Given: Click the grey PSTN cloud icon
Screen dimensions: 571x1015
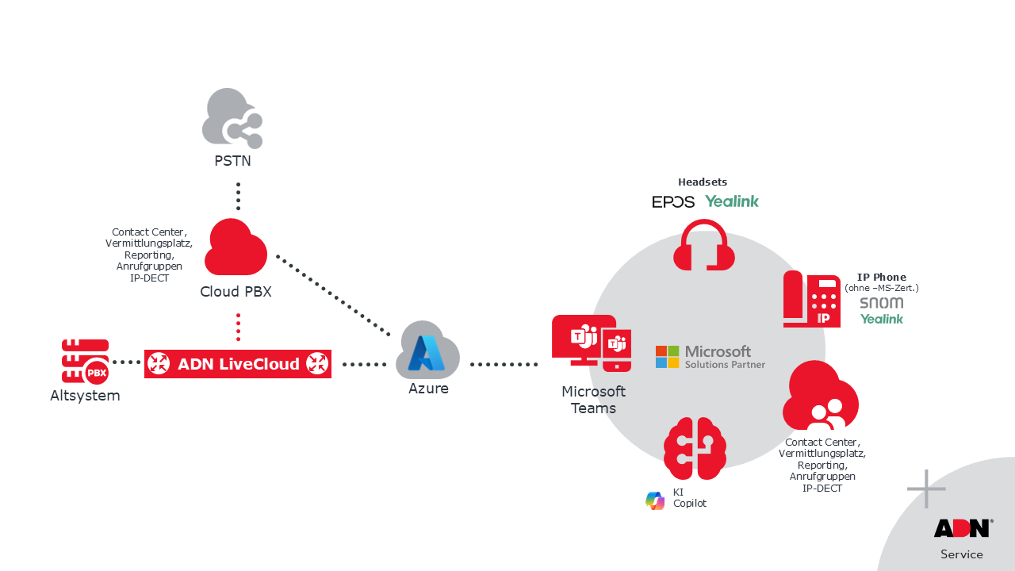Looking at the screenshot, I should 232,117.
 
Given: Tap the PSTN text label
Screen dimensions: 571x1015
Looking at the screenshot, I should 232,161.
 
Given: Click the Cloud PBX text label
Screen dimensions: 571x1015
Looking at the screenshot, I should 236,292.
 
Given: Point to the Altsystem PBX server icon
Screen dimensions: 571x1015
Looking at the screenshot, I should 85,362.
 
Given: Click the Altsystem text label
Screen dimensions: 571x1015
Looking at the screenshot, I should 85,396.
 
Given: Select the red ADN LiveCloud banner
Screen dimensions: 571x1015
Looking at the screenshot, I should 238,364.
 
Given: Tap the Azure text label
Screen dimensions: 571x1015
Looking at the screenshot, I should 428,389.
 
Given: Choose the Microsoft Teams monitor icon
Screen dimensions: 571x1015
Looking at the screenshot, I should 591,343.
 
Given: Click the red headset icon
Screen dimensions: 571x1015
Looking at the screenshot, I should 703,246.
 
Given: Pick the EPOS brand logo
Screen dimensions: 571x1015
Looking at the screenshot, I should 673,202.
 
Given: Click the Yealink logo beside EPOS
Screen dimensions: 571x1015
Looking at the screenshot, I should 732,201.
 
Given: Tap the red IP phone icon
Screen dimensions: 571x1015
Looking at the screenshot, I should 811,299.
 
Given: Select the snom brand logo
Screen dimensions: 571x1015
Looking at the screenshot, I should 881,303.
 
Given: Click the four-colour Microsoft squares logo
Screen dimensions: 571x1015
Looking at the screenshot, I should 667,357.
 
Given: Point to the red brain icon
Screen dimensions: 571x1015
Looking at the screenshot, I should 695,448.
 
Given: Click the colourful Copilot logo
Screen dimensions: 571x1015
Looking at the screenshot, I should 655,500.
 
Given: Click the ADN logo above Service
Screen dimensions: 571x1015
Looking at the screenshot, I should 962,528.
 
